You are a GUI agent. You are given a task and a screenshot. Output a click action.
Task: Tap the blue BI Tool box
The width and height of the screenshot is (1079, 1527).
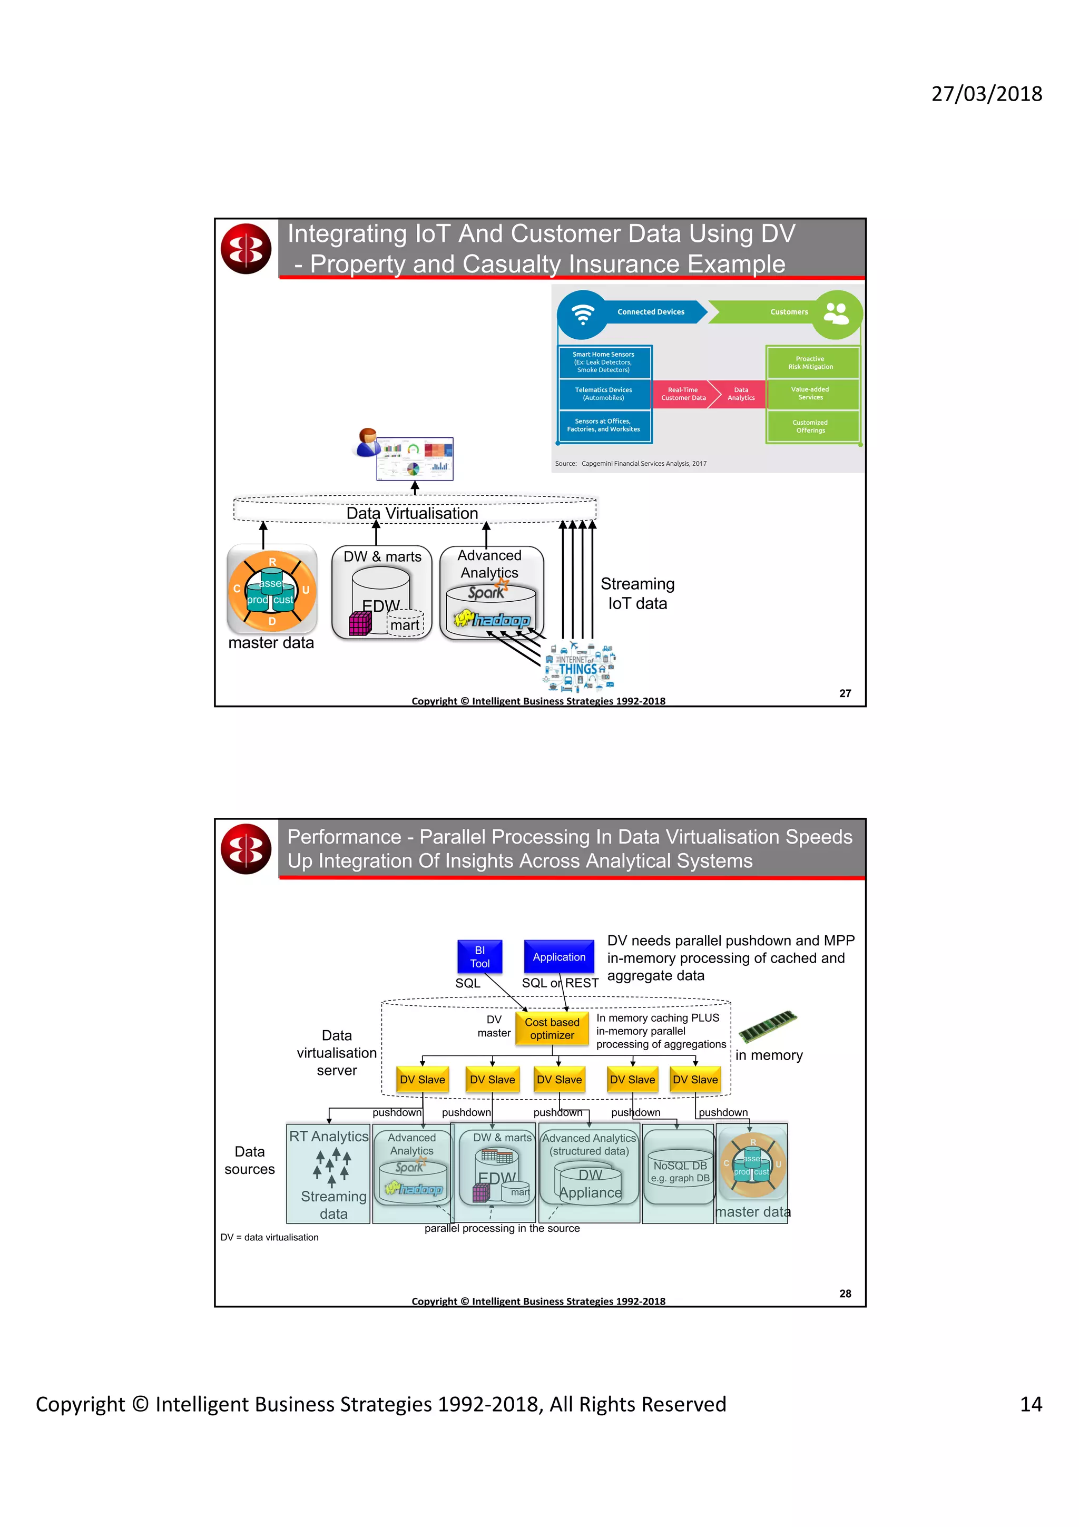[x=479, y=956]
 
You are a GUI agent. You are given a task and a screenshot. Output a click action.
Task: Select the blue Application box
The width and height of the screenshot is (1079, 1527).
[x=558, y=956]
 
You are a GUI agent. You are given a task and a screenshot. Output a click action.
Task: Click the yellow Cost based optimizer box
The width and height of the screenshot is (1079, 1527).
[x=552, y=1028]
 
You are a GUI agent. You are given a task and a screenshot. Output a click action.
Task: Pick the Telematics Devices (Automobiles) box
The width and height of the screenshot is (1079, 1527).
[x=604, y=394]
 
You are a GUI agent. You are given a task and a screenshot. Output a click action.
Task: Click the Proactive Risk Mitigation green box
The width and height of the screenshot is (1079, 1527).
[x=810, y=363]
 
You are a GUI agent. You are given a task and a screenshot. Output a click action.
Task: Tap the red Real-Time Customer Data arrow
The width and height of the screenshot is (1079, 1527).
[x=683, y=394]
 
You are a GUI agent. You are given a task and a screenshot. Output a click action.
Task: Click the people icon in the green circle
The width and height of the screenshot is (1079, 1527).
[x=836, y=312]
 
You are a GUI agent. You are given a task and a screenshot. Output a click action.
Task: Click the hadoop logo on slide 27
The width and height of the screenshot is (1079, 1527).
[x=493, y=620]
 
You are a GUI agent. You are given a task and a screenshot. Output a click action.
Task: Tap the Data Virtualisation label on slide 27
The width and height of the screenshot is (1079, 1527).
[x=411, y=513]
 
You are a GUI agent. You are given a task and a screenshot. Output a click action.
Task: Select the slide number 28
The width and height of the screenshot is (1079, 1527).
[x=845, y=1293]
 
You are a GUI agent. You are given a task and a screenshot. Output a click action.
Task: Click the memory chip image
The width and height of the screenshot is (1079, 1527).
[x=767, y=1025]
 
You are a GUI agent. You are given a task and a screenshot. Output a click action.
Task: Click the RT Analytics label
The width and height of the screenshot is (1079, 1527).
[x=328, y=1136]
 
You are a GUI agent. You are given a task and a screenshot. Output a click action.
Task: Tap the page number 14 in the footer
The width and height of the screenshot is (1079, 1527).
[x=1030, y=1404]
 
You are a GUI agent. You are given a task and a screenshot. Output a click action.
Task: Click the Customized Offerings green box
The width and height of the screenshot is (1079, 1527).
[x=810, y=426]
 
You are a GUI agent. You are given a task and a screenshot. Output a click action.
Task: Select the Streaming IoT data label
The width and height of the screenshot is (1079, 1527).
[x=637, y=593]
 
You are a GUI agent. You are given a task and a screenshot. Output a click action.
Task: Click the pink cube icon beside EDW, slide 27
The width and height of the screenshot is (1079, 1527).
[x=360, y=624]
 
